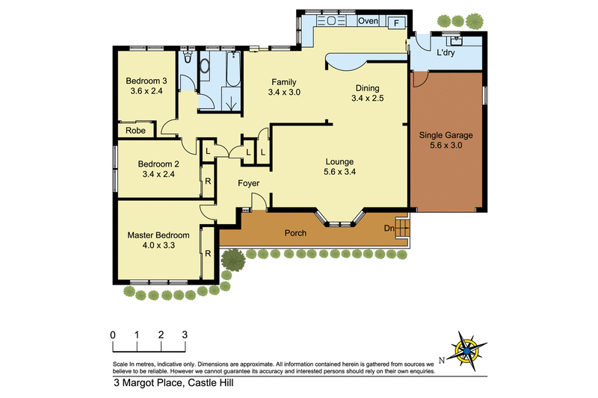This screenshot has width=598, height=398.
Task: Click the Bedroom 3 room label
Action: pyautogui.click(x=146, y=81)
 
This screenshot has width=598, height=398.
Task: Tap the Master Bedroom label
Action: pyautogui.click(x=158, y=234)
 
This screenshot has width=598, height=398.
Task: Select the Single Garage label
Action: pyautogui.click(x=446, y=135)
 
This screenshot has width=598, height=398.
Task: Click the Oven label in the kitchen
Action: pyautogui.click(x=368, y=21)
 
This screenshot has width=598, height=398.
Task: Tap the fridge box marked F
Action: pyautogui.click(x=395, y=22)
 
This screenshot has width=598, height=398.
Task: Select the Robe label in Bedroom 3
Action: pyautogui.click(x=135, y=130)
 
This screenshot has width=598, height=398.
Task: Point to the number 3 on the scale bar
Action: pyautogui.click(x=185, y=335)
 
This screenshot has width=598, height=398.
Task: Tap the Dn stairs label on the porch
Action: pyautogui.click(x=389, y=228)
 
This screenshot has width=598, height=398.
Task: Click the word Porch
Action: pyautogui.click(x=296, y=233)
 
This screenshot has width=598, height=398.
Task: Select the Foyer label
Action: pyautogui.click(x=249, y=183)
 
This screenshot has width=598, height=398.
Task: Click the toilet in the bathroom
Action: pyautogui.click(x=187, y=59)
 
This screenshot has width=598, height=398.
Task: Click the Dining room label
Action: pyautogui.click(x=369, y=87)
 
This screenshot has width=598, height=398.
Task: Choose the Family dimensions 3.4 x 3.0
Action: pyautogui.click(x=284, y=93)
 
